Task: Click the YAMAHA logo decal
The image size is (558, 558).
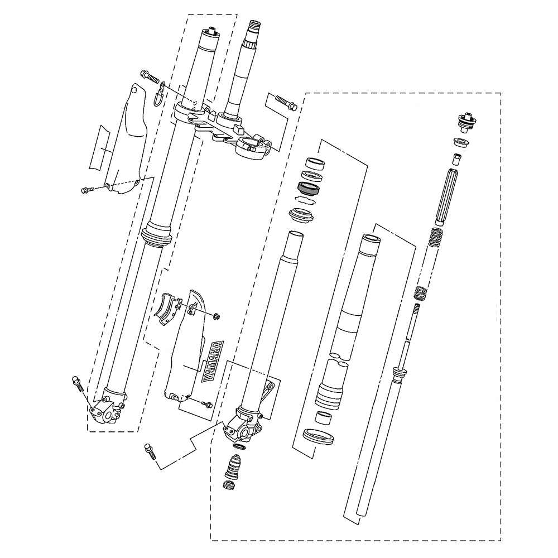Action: pyautogui.click(x=213, y=361)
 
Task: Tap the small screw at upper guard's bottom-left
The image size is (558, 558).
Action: pyautogui.click(x=88, y=190)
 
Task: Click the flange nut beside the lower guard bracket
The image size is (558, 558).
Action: pyautogui.click(x=217, y=317)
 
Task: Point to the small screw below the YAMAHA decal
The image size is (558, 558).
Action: pyautogui.click(x=206, y=402)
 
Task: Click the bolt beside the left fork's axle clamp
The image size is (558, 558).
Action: pyautogui.click(x=78, y=385)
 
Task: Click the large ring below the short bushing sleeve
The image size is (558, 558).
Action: pyautogui.click(x=318, y=435)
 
